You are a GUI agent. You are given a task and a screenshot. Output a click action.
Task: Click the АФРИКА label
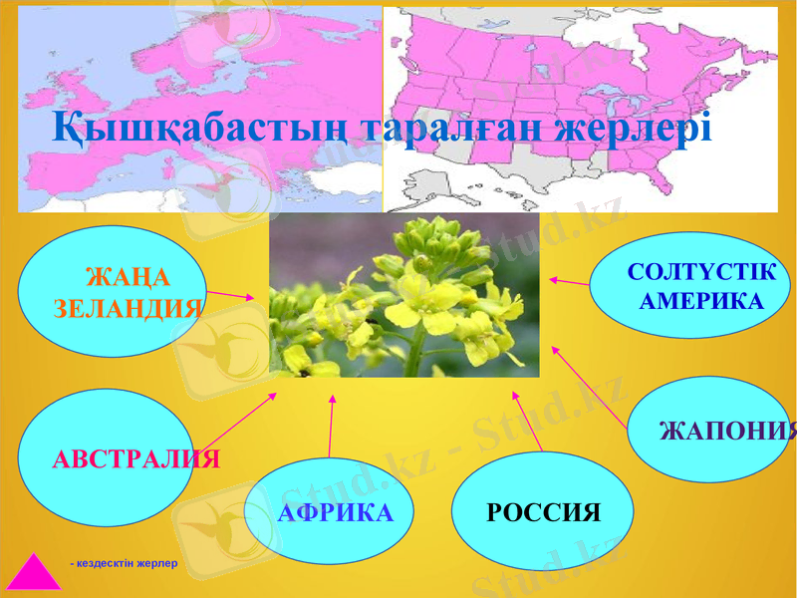point(336,513)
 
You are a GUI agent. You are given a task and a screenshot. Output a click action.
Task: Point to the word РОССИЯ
point(544,513)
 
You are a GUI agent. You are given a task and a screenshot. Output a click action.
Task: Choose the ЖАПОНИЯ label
point(728,432)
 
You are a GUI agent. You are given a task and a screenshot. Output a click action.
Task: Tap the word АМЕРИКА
point(701,301)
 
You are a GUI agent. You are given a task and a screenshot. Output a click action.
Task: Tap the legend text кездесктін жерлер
point(124,564)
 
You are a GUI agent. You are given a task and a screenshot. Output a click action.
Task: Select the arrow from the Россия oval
point(528,423)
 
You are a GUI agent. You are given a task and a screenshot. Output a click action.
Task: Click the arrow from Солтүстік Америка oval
point(569,282)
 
